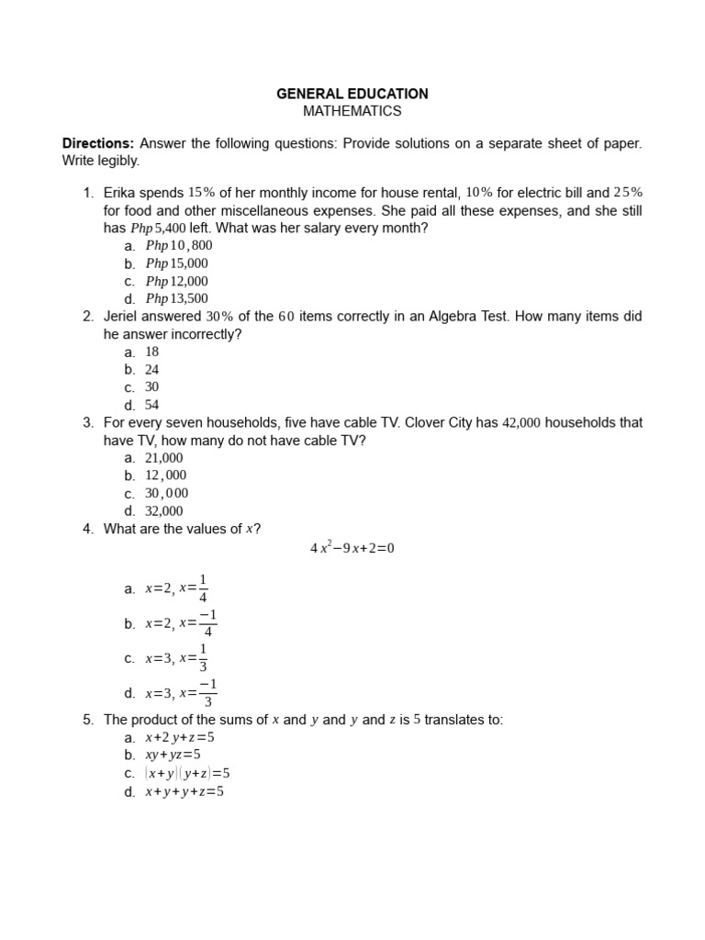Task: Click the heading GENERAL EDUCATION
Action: click(x=352, y=94)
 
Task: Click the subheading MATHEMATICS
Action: click(x=352, y=111)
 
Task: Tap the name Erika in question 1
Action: click(x=121, y=193)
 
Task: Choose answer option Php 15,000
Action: click(x=176, y=263)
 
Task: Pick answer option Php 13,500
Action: click(x=176, y=298)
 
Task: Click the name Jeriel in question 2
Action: click(x=123, y=317)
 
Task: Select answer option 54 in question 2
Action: click(x=152, y=405)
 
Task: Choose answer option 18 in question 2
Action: click(x=152, y=352)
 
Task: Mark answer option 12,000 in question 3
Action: click(x=165, y=476)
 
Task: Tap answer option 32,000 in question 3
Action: click(x=164, y=511)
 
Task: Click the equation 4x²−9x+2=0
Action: click(x=352, y=549)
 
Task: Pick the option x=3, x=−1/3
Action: click(x=181, y=694)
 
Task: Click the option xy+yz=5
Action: click(x=173, y=755)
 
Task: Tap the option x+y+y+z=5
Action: click(x=185, y=791)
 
